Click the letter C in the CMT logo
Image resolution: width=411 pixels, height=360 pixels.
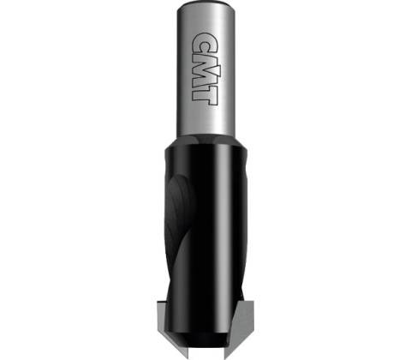pyautogui.click(x=205, y=44)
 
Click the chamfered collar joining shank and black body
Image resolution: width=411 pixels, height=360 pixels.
pyautogui.click(x=205, y=141)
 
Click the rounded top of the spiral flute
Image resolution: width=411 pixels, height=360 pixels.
pyautogui.click(x=179, y=186)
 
